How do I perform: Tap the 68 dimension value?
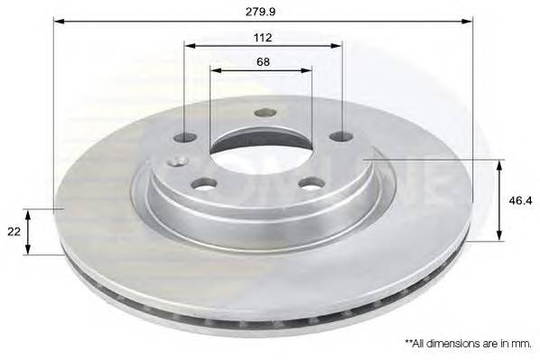[263, 61]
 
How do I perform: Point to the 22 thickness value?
[14, 232]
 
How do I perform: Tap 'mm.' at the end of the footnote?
[520, 344]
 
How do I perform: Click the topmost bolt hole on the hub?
[265, 113]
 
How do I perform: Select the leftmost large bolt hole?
[184, 138]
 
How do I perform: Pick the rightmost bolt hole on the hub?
[341, 136]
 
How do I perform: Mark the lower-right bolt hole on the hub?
[312, 183]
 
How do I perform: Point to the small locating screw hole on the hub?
[179, 161]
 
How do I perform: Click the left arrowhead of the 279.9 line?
[59, 22]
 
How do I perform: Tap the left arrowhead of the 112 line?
[188, 45]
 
